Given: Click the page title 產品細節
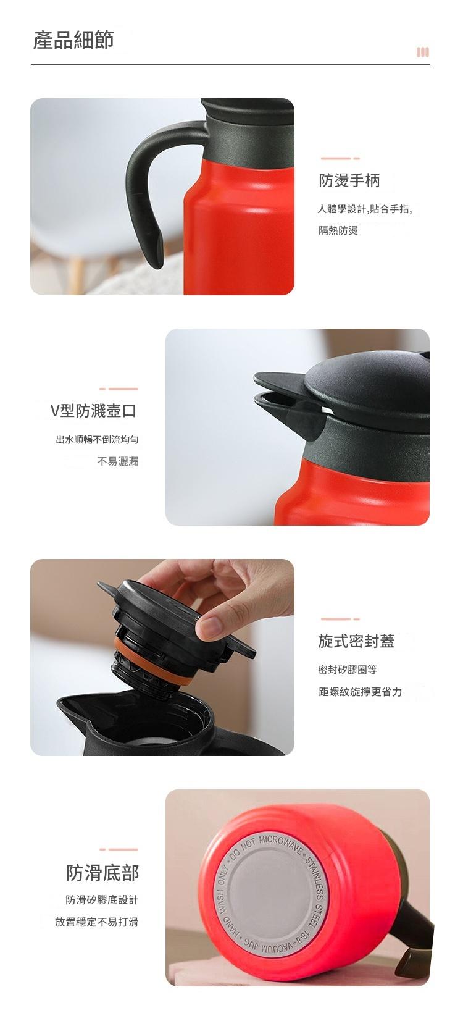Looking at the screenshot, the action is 73,40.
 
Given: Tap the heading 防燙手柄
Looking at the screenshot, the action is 349,180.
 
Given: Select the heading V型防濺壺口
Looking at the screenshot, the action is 93,411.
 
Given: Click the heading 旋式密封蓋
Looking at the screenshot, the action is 356,641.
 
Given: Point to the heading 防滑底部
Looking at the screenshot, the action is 102,872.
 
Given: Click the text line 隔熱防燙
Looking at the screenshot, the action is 338,230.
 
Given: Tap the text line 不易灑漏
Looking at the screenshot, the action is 118,461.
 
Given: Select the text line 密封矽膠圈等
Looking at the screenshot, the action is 348,670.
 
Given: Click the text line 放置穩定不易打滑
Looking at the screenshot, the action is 96,922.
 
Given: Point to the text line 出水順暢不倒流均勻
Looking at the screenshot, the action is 97,440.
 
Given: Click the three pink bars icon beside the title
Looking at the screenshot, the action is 422,52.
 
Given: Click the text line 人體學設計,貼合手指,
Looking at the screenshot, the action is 365,209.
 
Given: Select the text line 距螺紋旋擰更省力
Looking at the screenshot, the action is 360,692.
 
